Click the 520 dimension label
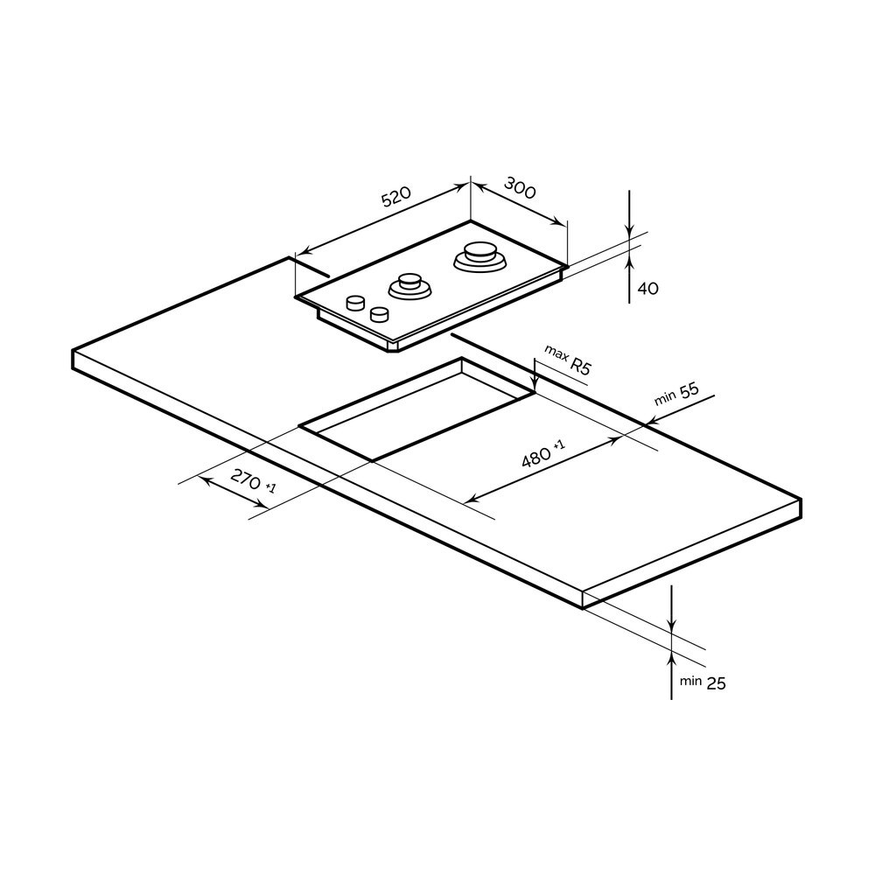pyautogui.click(x=396, y=196)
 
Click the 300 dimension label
pyautogui.click(x=520, y=187)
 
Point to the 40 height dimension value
pyautogui.click(x=647, y=289)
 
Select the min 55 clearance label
pyautogui.click(x=676, y=394)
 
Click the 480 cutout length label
pyautogui.click(x=543, y=453)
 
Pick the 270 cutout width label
pyautogui.click(x=253, y=481)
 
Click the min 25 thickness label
pyautogui.click(x=703, y=682)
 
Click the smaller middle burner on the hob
pyautogui.click(x=409, y=286)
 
